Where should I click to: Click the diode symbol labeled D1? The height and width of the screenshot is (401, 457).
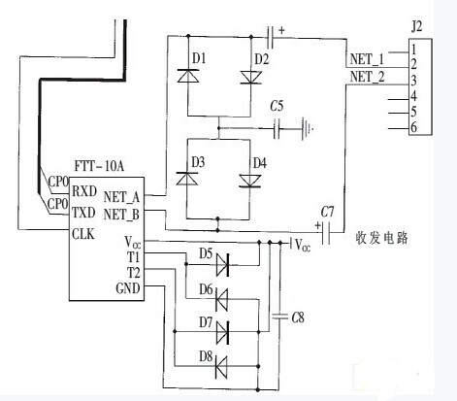tap(188, 76)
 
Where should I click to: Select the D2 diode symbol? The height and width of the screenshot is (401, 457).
tap(250, 78)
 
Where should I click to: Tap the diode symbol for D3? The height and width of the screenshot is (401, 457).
tap(187, 179)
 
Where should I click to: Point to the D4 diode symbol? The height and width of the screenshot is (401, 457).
tap(249, 181)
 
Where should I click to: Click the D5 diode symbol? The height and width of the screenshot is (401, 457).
tap(222, 265)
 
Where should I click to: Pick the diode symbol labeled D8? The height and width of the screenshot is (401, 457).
tap(221, 367)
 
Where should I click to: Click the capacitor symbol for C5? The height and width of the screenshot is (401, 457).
tap(277, 129)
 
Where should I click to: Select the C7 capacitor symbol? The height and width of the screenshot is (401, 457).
tap(326, 233)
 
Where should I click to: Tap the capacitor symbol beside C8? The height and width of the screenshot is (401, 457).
tap(279, 317)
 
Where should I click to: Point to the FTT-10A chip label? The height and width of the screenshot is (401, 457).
tap(99, 166)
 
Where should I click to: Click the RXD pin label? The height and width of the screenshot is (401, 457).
tap(84, 191)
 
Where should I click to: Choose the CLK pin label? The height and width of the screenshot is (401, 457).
tap(83, 234)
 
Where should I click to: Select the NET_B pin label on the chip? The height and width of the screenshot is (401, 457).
tap(121, 215)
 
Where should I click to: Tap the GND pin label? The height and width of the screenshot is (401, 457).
tap(128, 288)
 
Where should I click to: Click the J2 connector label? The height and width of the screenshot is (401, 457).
tap(416, 27)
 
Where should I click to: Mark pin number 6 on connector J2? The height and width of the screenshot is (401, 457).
tap(413, 127)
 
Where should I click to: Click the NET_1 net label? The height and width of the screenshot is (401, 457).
tap(367, 59)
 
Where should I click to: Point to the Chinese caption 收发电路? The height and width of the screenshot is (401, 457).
tap(381, 239)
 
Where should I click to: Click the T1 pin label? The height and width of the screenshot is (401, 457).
tap(133, 257)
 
